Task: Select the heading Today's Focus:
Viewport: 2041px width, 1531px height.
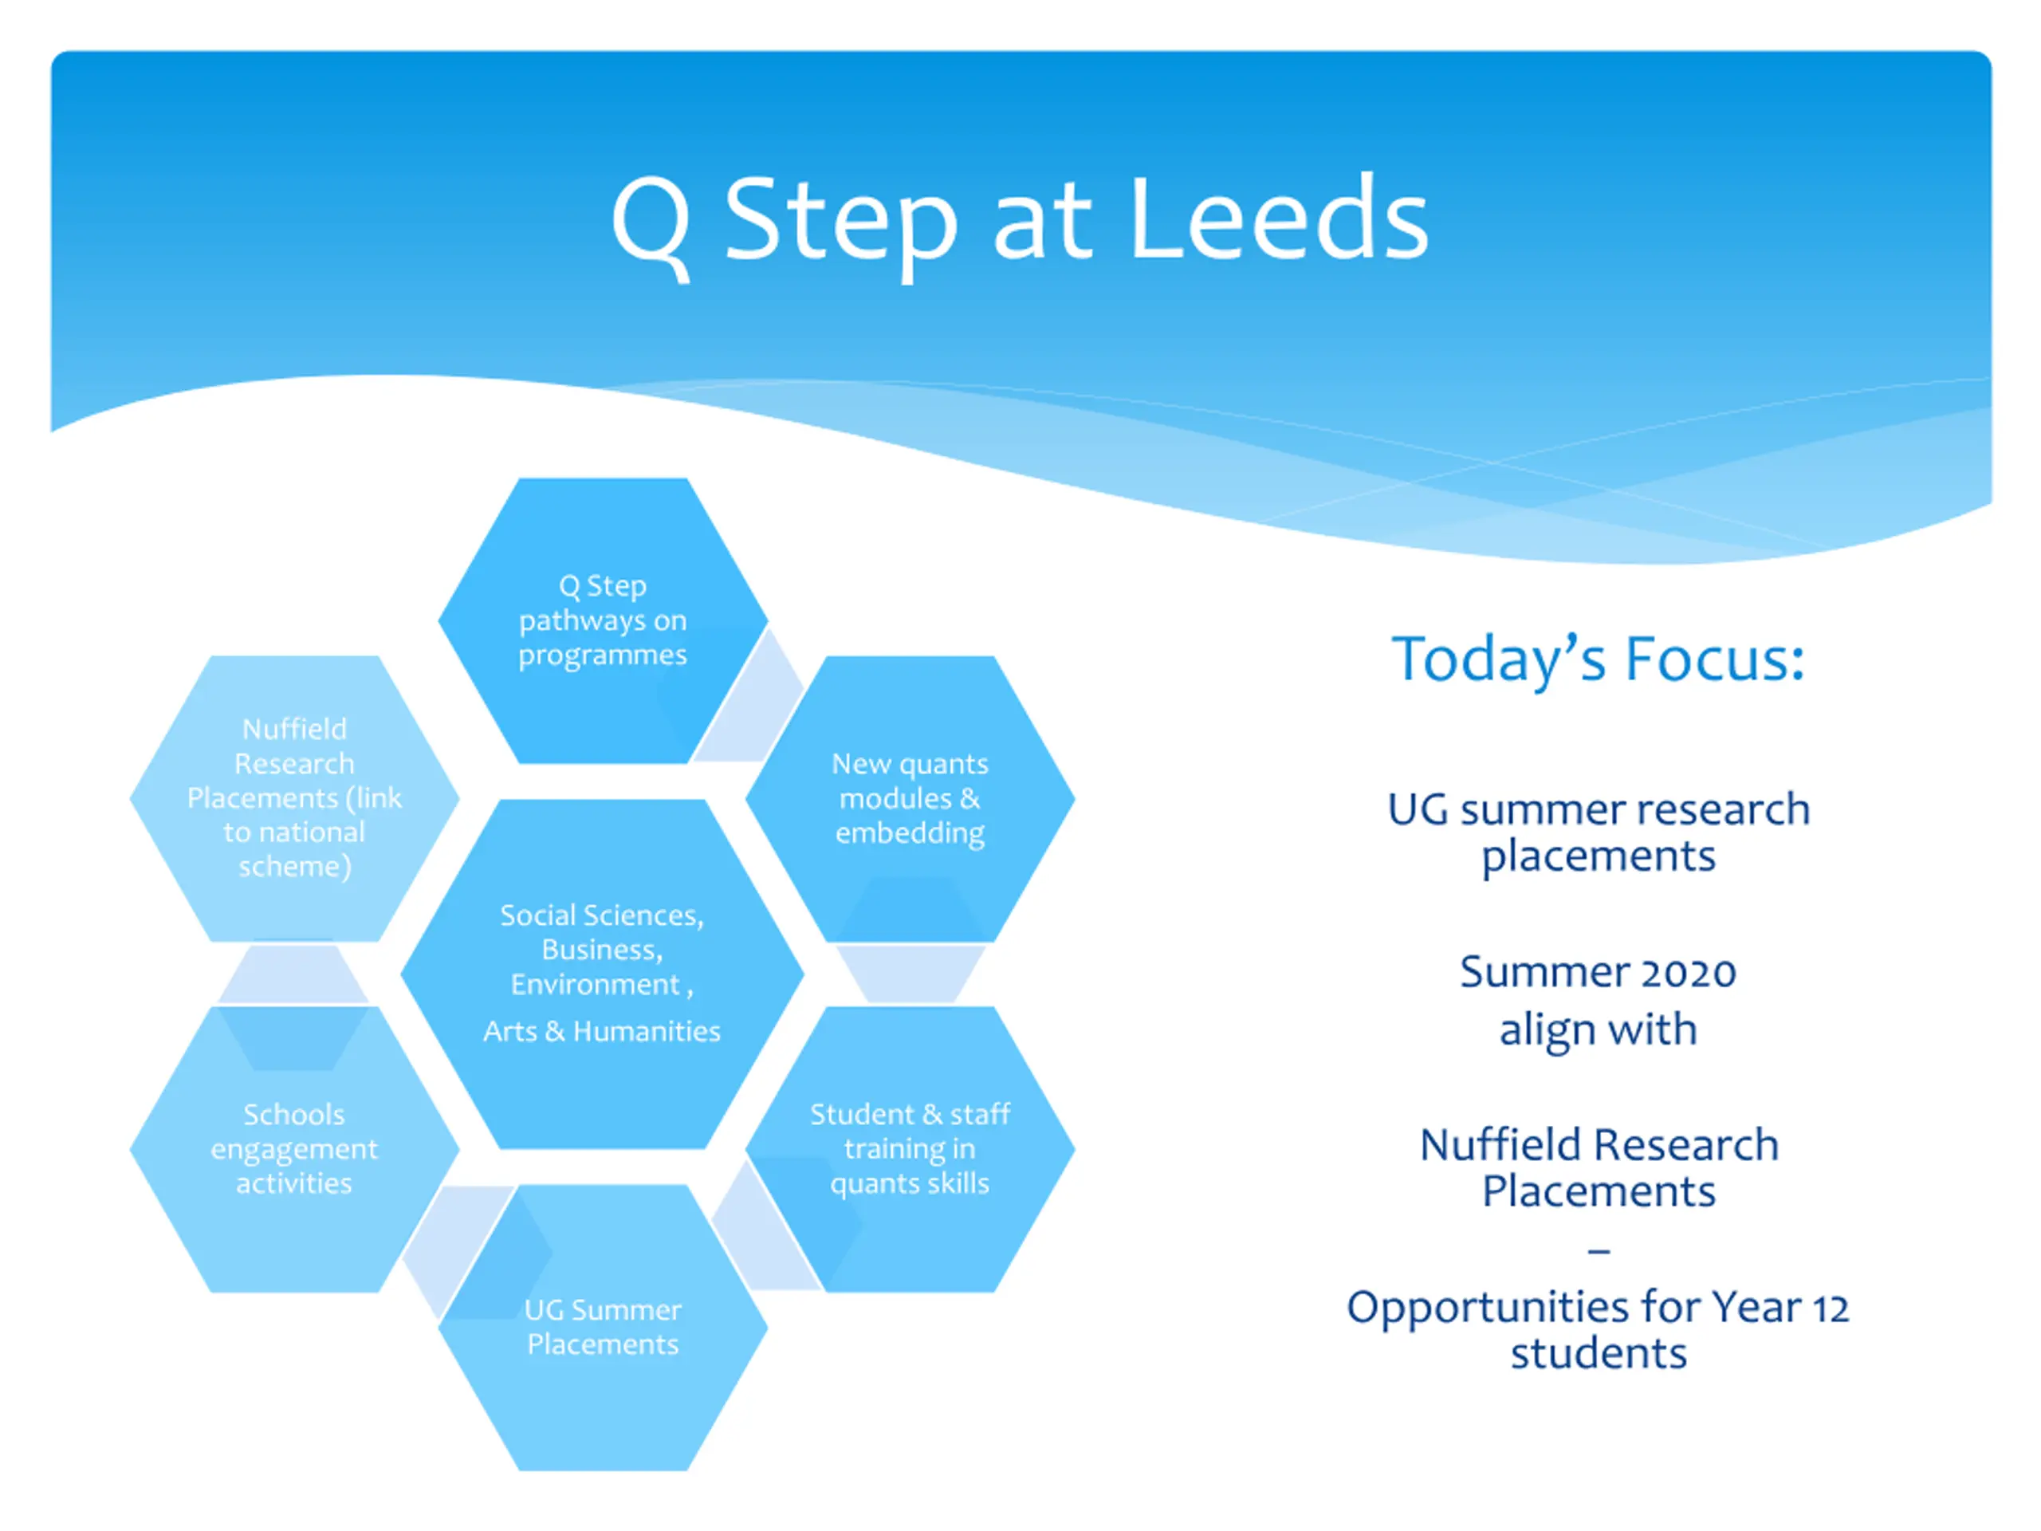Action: point(1597,659)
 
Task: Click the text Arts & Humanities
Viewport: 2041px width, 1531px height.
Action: point(602,1031)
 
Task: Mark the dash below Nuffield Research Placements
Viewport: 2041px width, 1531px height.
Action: point(1598,1251)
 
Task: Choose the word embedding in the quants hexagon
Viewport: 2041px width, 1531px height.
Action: point(910,833)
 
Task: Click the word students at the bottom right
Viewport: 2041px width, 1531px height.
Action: point(1598,1354)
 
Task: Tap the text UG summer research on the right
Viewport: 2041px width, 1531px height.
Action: point(1598,810)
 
